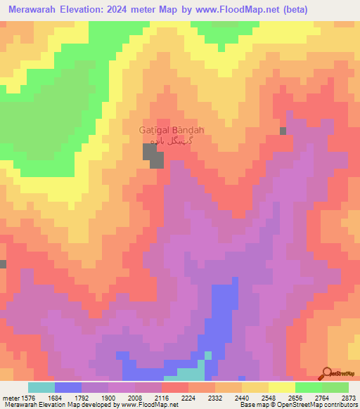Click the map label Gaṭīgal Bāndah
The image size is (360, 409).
coord(172,130)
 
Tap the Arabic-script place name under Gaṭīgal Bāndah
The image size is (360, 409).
coord(172,141)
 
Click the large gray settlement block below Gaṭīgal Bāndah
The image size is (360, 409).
coord(154,155)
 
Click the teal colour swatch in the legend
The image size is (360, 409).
coord(41,387)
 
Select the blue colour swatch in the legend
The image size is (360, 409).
coord(68,387)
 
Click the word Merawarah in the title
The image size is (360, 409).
coord(37,9)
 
